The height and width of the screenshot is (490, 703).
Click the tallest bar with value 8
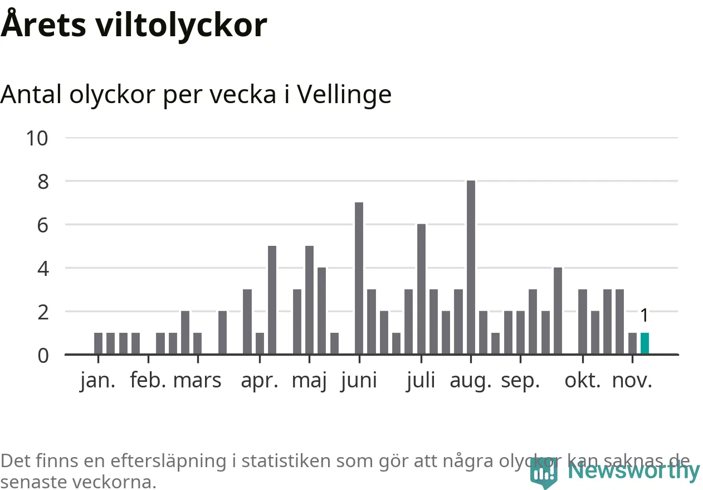471,268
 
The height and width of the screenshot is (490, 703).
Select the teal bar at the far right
645,343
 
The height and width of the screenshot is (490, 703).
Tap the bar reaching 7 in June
359,278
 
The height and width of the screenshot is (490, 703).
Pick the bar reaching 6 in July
421,289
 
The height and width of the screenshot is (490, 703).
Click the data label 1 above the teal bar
645,316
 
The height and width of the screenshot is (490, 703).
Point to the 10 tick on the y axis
38,138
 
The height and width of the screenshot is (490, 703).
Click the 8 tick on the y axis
43,182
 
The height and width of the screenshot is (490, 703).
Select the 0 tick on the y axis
43,355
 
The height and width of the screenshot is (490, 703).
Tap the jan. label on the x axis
98,381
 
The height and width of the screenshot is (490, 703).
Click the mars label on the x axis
197,381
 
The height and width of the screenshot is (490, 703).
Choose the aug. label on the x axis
471,381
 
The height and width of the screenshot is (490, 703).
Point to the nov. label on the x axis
632,381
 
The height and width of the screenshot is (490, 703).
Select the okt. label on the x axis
583,381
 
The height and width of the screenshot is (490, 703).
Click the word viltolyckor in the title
182,25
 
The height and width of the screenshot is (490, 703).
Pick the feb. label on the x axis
148,381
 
